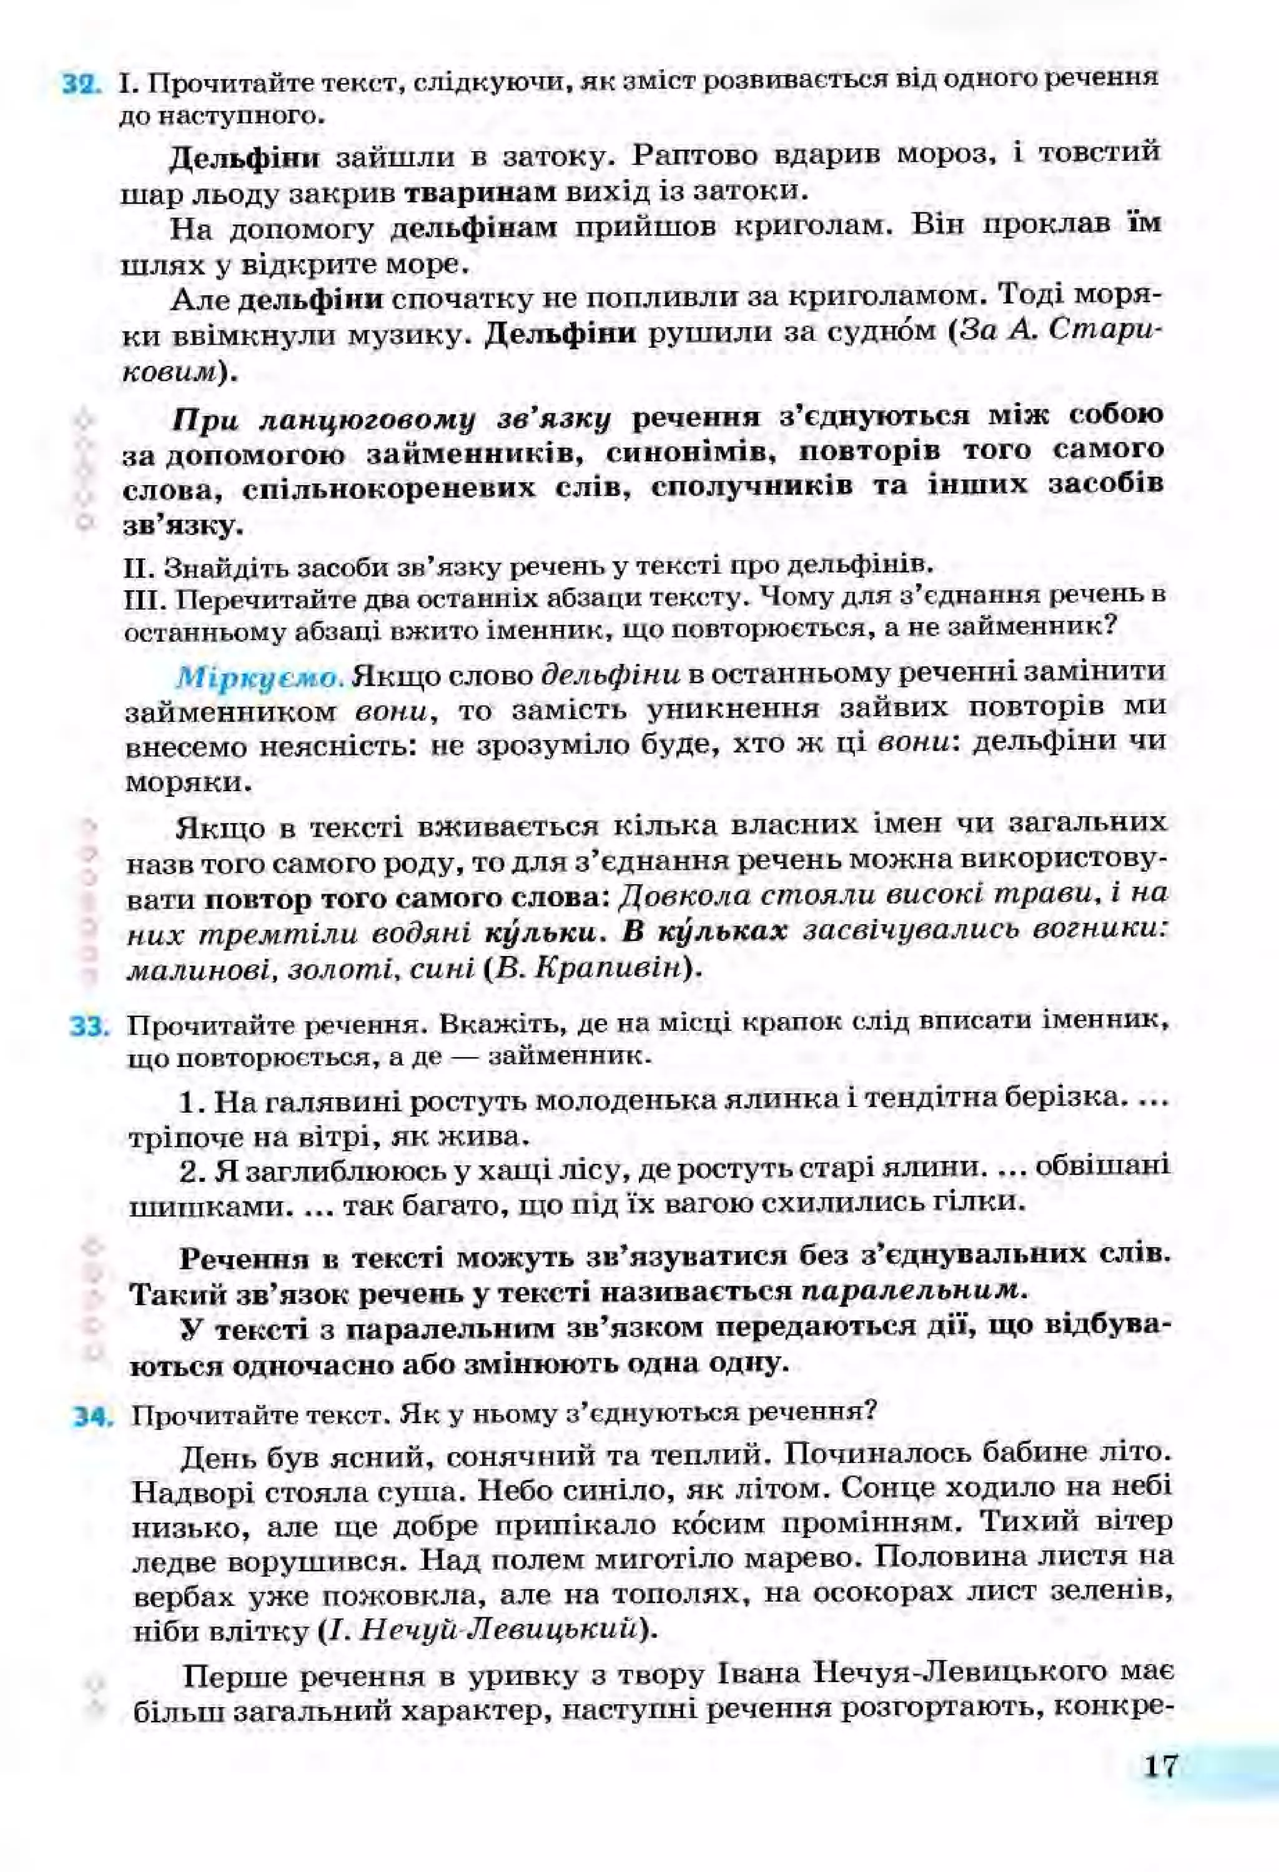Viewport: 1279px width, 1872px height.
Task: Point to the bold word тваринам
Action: point(480,192)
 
